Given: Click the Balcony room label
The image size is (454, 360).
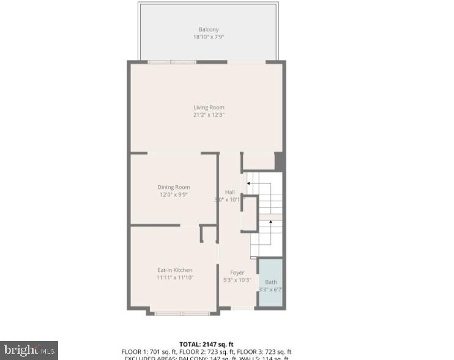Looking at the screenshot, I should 208,29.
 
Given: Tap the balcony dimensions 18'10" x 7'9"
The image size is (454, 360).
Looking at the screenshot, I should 208,37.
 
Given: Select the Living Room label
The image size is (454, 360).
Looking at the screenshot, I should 209,108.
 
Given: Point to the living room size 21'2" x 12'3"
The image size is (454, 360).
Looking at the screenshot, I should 209,115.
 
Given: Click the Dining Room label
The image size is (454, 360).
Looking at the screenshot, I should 174,187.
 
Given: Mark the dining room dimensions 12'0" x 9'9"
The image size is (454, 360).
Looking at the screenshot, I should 174,194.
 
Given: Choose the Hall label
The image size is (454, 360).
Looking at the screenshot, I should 229,192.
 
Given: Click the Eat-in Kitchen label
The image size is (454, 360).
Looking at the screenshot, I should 174,270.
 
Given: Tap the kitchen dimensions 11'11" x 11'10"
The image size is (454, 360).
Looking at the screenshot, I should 174,277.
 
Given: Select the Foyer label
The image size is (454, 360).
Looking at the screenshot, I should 237,273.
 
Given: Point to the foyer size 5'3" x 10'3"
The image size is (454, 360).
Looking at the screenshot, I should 237,280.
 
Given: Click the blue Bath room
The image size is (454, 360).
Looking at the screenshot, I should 270,282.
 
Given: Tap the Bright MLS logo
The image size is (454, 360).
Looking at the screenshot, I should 29,350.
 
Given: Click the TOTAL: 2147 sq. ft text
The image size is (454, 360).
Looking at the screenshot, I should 206,344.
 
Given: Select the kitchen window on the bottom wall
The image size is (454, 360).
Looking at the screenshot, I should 182,314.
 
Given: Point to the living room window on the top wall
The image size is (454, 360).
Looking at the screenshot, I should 172,62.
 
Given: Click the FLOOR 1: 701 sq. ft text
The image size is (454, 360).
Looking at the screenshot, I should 146,352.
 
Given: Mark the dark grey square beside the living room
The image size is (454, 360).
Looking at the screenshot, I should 280,161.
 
